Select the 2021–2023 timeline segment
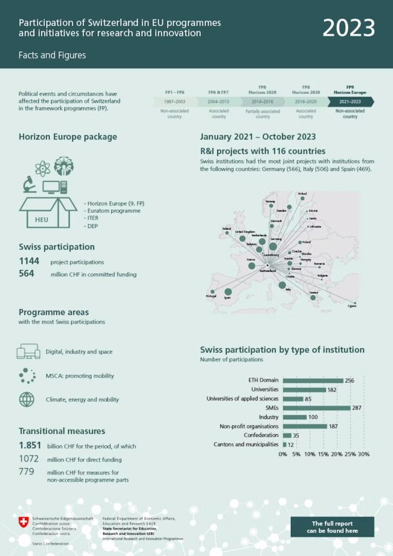tap(350, 102)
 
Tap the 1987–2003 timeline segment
tap(174, 102)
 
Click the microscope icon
tap(30, 185)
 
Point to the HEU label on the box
tap(42, 220)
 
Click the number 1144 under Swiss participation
tap(29, 262)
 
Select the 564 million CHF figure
tap(27, 274)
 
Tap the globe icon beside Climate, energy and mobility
tap(27, 400)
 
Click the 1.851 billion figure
tap(30, 446)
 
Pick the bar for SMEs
tap(316, 408)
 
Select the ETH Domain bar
tap(313, 380)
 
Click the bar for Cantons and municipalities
tap(284, 445)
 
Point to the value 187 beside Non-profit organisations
tap(333, 426)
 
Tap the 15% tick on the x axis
tap(323, 454)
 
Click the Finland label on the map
tap(302, 193)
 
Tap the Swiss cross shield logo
tap(23, 522)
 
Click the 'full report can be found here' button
tap(332, 527)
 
